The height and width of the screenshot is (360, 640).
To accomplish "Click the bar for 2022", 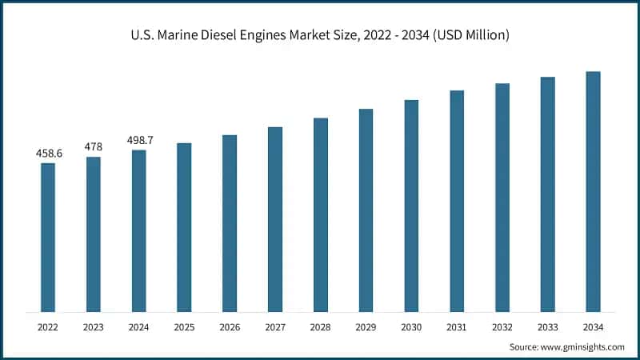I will point(48,238).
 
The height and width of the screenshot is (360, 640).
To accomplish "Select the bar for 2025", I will point(184,227).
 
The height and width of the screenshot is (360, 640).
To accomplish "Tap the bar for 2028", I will point(320,215).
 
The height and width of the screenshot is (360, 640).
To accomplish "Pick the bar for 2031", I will point(457,201).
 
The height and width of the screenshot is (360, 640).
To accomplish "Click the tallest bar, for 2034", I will point(593,191).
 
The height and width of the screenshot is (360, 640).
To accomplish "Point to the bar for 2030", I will point(411,206).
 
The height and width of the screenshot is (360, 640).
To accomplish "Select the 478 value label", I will point(94,146).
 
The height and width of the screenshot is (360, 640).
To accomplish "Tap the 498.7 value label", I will point(139,140).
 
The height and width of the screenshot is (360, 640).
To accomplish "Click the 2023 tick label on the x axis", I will point(94,327).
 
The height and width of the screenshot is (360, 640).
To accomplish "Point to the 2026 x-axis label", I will point(230,327).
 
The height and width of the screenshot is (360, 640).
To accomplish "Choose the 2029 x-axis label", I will point(366,327).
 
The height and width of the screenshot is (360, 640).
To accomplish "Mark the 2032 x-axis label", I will point(502,327).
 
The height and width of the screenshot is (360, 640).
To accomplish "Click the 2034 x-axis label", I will point(593,327).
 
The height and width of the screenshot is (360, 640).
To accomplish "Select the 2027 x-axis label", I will point(275,327).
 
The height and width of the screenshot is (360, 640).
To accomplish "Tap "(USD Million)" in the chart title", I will point(469,35).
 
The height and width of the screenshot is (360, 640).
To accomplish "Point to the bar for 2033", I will point(547,194).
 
